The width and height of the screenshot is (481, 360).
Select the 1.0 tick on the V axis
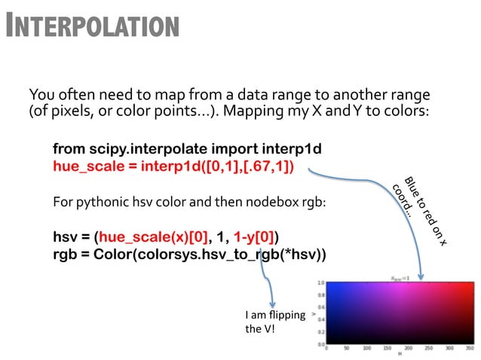(320, 283)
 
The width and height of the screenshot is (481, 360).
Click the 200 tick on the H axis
(407, 349)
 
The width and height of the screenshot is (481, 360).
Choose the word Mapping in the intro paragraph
(254, 111)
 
